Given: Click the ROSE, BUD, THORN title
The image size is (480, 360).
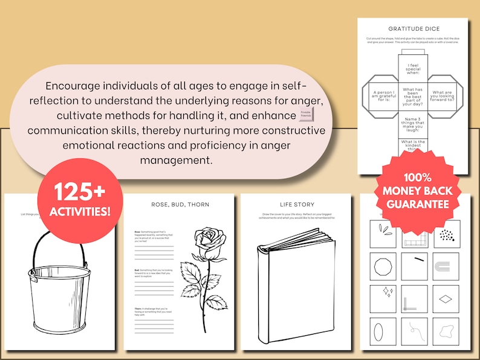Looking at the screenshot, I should click(x=180, y=204).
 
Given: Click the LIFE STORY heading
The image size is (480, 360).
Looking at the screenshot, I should click(x=296, y=204).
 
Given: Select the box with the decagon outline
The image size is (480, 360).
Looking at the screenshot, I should click(x=383, y=266).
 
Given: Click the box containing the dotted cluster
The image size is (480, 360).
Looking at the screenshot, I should click(x=446, y=234).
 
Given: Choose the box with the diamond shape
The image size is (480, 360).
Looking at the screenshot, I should click(x=446, y=298).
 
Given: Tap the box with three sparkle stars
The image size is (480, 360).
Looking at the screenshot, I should click(x=383, y=298).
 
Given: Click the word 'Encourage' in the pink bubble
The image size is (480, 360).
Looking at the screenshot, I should click(x=72, y=86).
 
